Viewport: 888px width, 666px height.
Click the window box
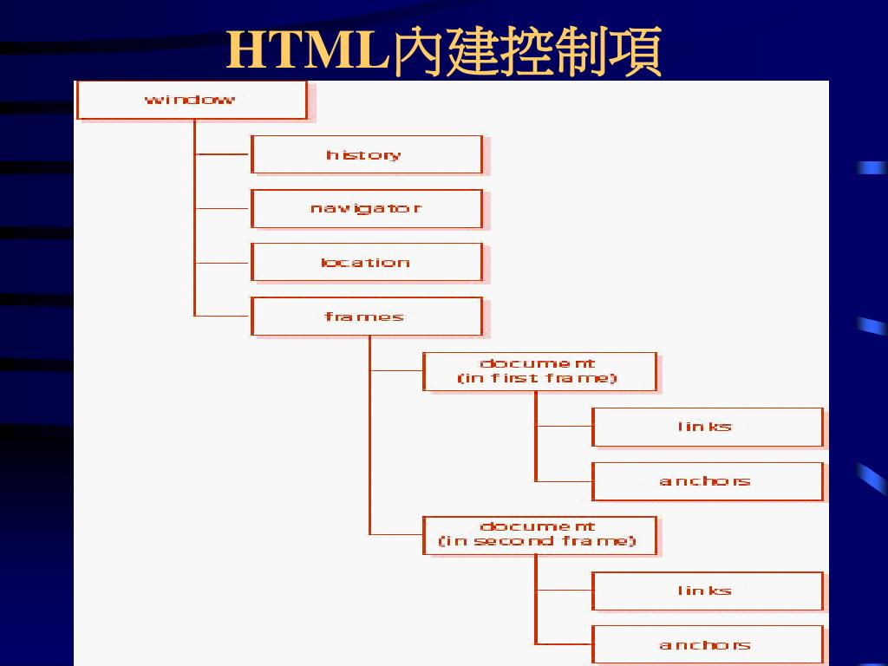point(192,100)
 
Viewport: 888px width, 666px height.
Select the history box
point(366,154)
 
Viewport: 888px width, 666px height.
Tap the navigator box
point(366,208)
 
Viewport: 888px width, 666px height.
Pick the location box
point(366,262)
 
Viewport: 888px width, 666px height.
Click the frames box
point(366,317)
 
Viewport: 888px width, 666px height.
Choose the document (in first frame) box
point(539,371)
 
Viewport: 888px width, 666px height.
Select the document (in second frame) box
point(539,534)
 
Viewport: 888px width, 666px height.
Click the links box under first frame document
point(707,427)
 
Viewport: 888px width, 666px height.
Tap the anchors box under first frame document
point(707,481)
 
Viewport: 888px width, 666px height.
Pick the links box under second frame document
point(707,591)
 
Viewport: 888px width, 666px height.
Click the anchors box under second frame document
point(707,644)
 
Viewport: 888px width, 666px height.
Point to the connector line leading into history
point(223,154)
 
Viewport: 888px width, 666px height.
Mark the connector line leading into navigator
point(223,208)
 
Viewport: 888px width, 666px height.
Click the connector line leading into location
point(223,262)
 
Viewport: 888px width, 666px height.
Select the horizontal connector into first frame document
point(396,371)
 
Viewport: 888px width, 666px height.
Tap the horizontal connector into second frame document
point(396,534)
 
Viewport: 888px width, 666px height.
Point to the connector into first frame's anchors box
point(564,481)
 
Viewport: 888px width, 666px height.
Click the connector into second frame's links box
point(564,591)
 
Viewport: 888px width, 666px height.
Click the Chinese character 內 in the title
point(418,52)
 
